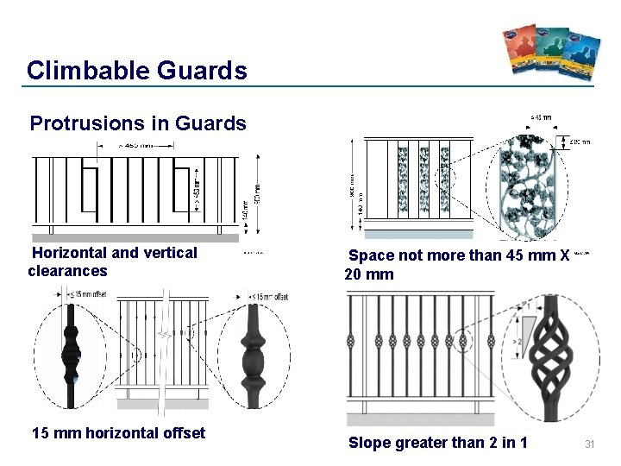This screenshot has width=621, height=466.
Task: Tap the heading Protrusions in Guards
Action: pos(138,123)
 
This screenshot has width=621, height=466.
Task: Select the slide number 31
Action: pos(591,444)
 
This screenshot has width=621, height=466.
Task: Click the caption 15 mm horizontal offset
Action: pos(118,433)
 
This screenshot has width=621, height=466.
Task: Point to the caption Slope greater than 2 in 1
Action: pos(437,444)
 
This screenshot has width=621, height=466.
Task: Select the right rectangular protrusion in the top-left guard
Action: pos(181,189)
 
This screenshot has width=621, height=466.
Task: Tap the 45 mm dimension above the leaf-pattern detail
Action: pos(541,117)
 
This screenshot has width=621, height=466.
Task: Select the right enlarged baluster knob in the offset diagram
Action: pos(253,354)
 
